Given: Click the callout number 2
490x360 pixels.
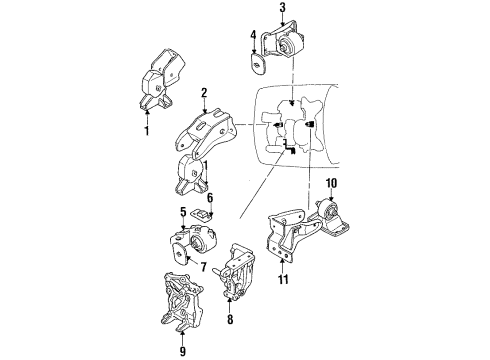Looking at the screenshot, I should (203, 93).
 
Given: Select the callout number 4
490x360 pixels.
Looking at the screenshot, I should (254, 38).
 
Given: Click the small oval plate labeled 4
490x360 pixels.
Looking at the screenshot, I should (257, 65).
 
